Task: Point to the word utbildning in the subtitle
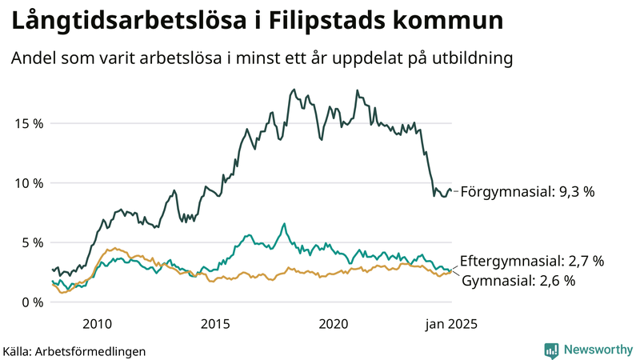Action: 470,59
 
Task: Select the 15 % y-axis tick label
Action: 27,123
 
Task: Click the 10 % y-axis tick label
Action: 27,183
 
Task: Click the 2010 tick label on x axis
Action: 97,324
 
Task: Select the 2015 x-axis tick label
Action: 215,324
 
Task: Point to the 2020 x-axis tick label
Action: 334,324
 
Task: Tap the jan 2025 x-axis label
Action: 450,324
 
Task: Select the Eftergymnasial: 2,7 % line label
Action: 532,261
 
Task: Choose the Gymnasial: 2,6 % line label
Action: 519,280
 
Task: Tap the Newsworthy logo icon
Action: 551,350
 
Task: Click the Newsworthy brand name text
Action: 598,350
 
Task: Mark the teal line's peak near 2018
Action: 284,224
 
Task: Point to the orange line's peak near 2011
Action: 114,248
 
